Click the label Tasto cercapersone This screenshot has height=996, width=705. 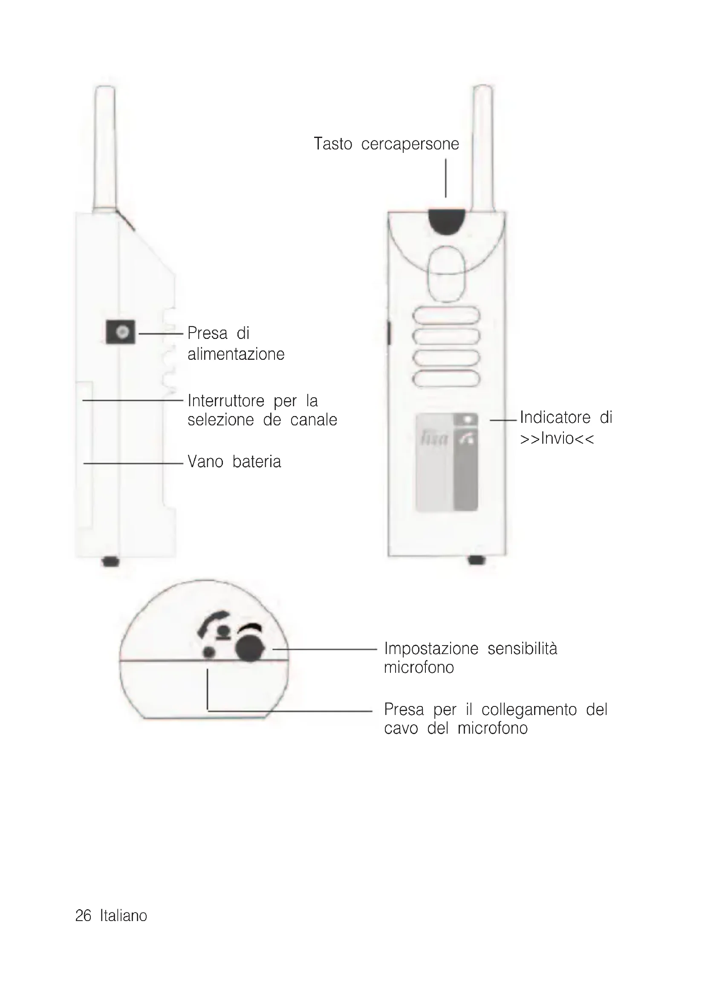[386, 144]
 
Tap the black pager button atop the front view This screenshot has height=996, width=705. [446, 221]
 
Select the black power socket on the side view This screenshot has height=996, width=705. [121, 332]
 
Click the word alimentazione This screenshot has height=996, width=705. [236, 354]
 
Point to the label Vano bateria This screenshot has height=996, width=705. [234, 462]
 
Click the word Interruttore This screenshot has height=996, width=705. [226, 400]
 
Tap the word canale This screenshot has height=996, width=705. [313, 420]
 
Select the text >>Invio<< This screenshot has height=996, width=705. [557, 439]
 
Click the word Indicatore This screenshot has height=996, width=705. [555, 417]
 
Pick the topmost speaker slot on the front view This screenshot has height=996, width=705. [446, 315]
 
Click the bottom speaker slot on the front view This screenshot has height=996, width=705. [446, 379]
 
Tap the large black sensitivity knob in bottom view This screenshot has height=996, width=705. [250, 649]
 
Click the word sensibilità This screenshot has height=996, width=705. [522, 649]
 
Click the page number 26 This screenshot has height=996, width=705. [84, 916]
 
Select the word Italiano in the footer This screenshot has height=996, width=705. [124, 916]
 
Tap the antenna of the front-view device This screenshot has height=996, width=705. [483, 147]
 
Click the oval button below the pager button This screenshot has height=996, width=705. [446, 274]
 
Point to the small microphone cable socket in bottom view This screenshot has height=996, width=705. [209, 652]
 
